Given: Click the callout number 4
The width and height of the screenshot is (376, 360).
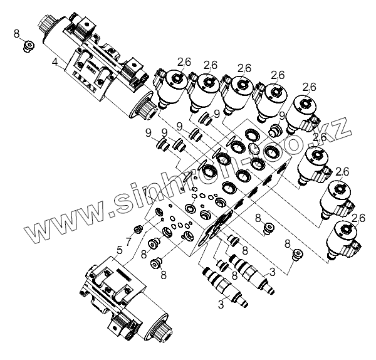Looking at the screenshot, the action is click(55, 62).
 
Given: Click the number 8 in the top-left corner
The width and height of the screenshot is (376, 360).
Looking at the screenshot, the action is click(16, 33).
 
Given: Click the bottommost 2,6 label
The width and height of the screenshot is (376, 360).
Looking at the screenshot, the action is click(358, 218).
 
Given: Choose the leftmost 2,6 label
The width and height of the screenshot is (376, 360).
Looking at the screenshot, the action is click(184, 61).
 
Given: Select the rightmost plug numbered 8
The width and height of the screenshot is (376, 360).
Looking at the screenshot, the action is click(298, 253).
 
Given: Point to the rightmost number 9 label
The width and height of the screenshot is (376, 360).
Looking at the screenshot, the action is click(283, 115).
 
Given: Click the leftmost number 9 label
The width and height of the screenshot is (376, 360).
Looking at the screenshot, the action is click(148, 132).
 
